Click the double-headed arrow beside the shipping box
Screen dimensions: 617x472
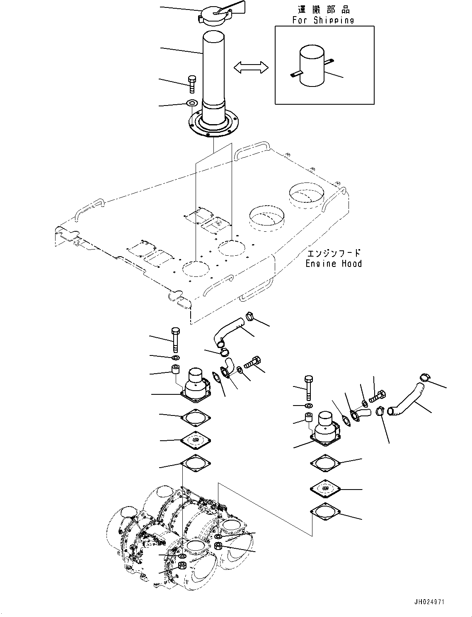[251, 67]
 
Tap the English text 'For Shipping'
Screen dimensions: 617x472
[323, 20]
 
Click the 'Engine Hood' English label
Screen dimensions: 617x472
[334, 264]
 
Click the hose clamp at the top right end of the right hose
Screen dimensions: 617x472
[425, 377]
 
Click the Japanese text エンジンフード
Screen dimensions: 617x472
[334, 253]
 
